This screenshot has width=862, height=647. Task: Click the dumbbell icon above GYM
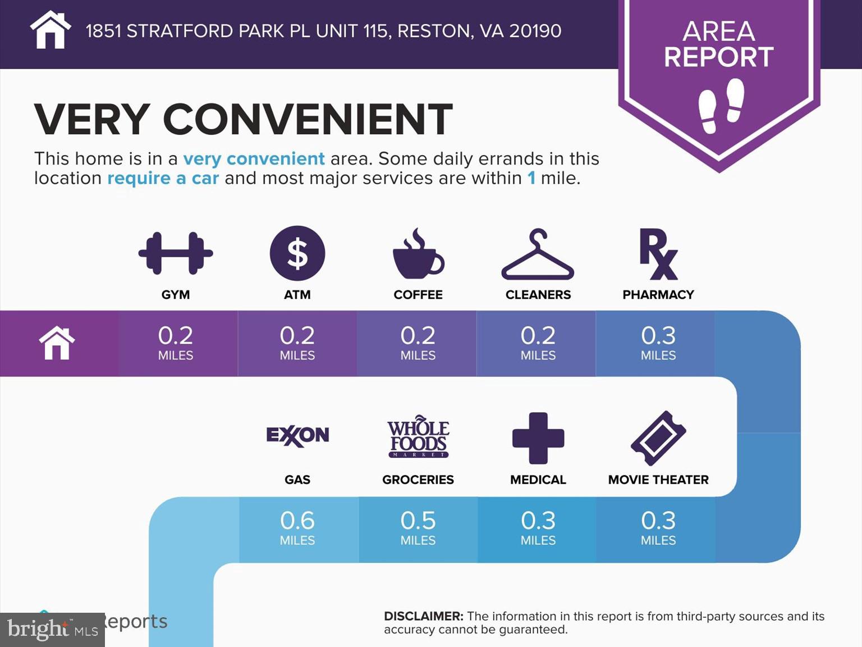[x=176, y=253]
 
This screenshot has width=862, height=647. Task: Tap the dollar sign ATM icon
[x=297, y=253]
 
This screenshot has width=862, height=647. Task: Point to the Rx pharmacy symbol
[x=658, y=254]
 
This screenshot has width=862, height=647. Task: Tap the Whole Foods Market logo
[x=418, y=438]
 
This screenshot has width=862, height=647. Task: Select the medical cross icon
[x=538, y=438]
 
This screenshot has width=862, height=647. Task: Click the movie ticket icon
[x=658, y=438]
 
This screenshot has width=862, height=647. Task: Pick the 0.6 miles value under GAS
[x=297, y=527]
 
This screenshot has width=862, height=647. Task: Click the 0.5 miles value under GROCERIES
[x=418, y=527]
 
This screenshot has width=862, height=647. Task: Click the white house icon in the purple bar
[x=57, y=343]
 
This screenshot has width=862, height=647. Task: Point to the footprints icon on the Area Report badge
[x=721, y=105]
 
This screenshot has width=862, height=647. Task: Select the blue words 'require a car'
[x=163, y=178]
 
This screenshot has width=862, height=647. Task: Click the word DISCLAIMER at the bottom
[x=423, y=616]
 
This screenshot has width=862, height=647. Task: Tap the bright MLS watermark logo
[x=52, y=630]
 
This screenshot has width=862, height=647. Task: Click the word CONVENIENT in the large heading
[x=308, y=119]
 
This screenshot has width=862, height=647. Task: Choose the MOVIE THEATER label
[x=658, y=480]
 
